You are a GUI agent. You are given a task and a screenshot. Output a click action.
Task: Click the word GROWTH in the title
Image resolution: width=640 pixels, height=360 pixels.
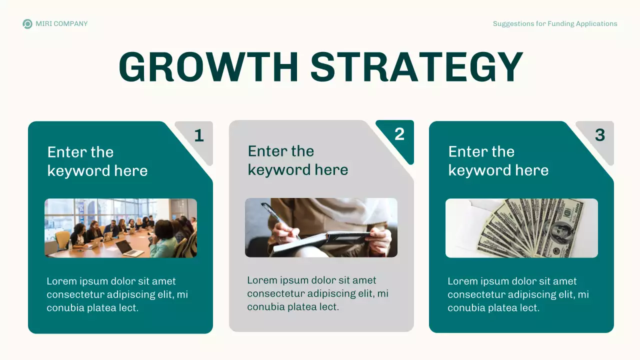(x=208, y=67)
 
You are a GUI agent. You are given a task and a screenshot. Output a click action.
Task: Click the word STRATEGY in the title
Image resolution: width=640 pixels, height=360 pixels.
(x=416, y=67)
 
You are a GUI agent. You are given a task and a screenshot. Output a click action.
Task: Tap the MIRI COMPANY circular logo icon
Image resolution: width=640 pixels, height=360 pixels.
(x=27, y=24)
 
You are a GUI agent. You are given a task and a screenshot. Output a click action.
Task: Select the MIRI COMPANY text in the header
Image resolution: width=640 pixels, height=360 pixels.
(x=61, y=24)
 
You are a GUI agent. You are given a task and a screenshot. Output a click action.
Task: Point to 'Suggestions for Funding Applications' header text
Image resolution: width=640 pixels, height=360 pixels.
(x=555, y=24)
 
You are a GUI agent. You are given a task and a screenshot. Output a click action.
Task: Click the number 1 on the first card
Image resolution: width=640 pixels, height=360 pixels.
(x=199, y=135)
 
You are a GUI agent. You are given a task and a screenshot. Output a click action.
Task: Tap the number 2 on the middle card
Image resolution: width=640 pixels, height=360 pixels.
(x=399, y=134)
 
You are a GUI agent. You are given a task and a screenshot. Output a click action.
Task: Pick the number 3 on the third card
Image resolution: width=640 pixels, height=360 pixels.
(x=600, y=135)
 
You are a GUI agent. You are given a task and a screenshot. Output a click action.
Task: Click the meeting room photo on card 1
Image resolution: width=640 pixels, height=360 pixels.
(x=120, y=228)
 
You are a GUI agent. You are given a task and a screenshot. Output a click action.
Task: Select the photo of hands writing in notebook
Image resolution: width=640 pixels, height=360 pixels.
(x=321, y=227)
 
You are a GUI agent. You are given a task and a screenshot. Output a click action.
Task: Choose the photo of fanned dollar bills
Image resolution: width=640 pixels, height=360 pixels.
(x=521, y=228)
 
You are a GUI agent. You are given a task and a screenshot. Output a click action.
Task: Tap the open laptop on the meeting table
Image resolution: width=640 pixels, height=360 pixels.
(x=129, y=248)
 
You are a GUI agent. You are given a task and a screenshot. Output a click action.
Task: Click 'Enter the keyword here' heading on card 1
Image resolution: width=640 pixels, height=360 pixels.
(x=97, y=161)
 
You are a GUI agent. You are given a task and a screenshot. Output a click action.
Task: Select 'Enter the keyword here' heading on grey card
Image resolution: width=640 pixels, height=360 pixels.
(x=298, y=160)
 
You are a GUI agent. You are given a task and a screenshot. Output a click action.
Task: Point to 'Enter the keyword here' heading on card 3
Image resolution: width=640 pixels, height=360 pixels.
(x=498, y=160)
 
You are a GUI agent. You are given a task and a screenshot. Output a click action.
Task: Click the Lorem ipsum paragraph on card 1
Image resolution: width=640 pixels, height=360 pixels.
(x=117, y=294)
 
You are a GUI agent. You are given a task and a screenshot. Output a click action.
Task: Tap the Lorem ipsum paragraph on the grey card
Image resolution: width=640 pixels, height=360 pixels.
(x=318, y=293)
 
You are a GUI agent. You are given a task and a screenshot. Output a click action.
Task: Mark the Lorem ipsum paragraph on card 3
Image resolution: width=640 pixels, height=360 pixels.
(x=518, y=294)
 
